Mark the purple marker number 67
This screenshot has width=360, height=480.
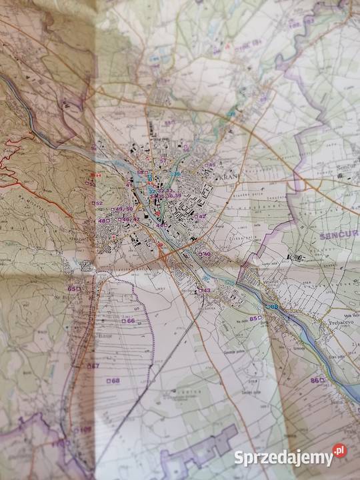click(93, 365)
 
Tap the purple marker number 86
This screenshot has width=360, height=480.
click(317, 380)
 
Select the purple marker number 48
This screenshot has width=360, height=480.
click(103, 221)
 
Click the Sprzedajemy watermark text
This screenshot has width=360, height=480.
click(283, 458)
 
